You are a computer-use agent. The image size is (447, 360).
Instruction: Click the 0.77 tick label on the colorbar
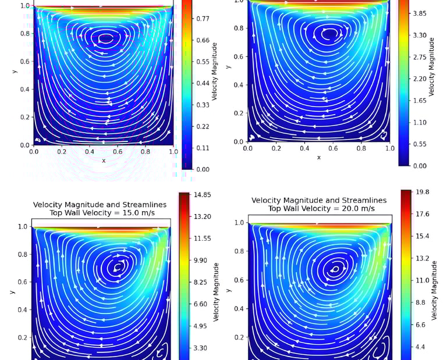[203, 19]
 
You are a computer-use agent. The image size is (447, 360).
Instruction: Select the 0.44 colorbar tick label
[203, 83]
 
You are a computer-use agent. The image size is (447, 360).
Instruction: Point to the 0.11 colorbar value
[203, 148]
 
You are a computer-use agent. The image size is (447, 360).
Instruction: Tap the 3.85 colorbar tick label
[420, 13]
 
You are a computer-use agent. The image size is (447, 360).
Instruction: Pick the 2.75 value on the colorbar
[420, 57]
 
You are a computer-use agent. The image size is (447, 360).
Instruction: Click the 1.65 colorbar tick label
[420, 101]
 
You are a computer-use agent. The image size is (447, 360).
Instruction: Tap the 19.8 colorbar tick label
[423, 192]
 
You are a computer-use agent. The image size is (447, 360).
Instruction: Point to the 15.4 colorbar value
[423, 236]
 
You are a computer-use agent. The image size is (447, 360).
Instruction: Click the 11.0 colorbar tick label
[423, 280]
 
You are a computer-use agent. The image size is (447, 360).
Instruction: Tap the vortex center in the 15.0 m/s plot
[119, 268]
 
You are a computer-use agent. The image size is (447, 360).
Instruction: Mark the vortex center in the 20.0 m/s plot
[336, 269]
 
